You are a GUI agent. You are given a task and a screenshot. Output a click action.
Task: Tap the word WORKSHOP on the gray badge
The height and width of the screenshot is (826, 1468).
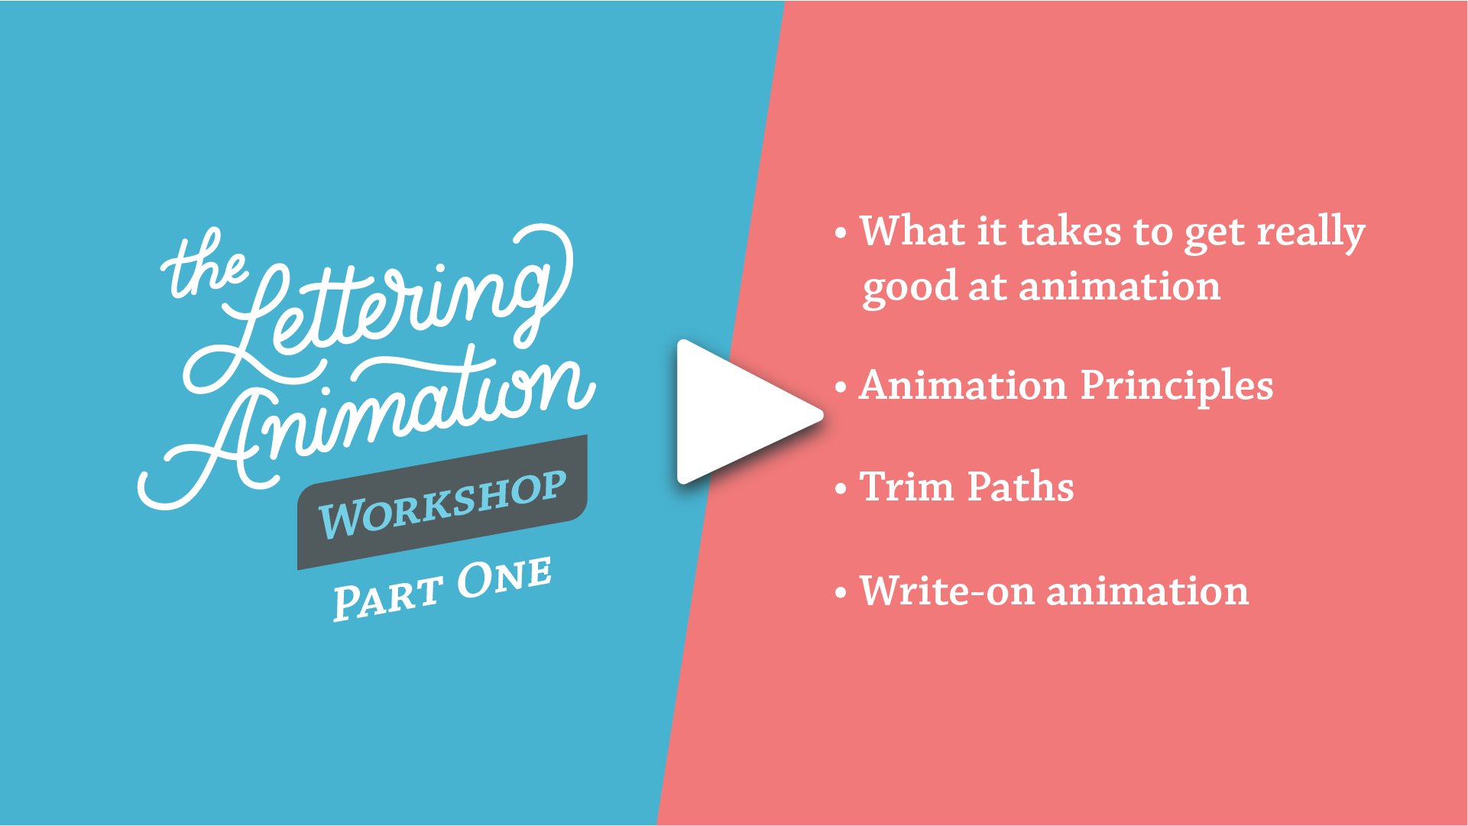pos(443,504)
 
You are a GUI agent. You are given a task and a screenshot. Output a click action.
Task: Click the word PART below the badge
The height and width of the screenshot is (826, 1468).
pos(387,598)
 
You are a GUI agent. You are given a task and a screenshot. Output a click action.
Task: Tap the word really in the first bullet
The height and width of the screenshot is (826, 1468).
pos(1311,232)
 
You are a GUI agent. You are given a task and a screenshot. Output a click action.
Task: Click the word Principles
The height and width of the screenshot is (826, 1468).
pos(1177,386)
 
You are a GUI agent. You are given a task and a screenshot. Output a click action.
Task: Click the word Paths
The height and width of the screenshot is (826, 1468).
pos(1020,487)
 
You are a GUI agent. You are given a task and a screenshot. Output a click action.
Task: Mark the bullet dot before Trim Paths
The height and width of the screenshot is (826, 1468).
pos(841,489)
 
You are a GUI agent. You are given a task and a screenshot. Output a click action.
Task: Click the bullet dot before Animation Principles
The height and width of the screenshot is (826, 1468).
pos(841,387)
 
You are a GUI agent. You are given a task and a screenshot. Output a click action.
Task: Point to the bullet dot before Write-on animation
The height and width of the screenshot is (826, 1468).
pos(841,593)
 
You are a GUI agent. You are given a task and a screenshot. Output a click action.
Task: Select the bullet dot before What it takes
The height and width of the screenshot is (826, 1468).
pos(841,233)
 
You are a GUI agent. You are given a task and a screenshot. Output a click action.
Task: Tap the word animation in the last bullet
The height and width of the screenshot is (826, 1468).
pos(1147,591)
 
